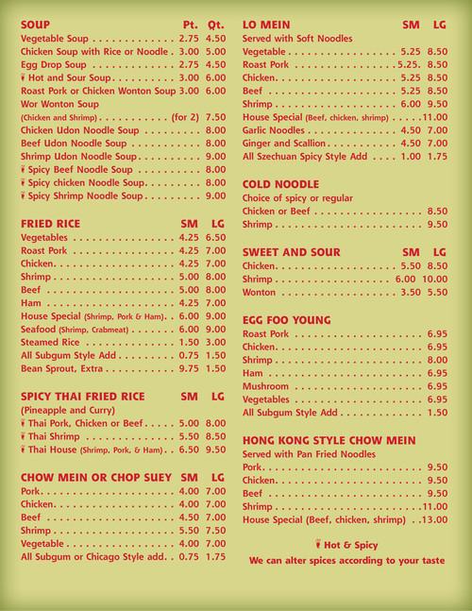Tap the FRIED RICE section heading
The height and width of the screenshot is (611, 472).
pos(50,223)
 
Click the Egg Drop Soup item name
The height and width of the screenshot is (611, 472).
pos(55,62)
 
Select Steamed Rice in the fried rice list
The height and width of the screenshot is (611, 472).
pos(54,341)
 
